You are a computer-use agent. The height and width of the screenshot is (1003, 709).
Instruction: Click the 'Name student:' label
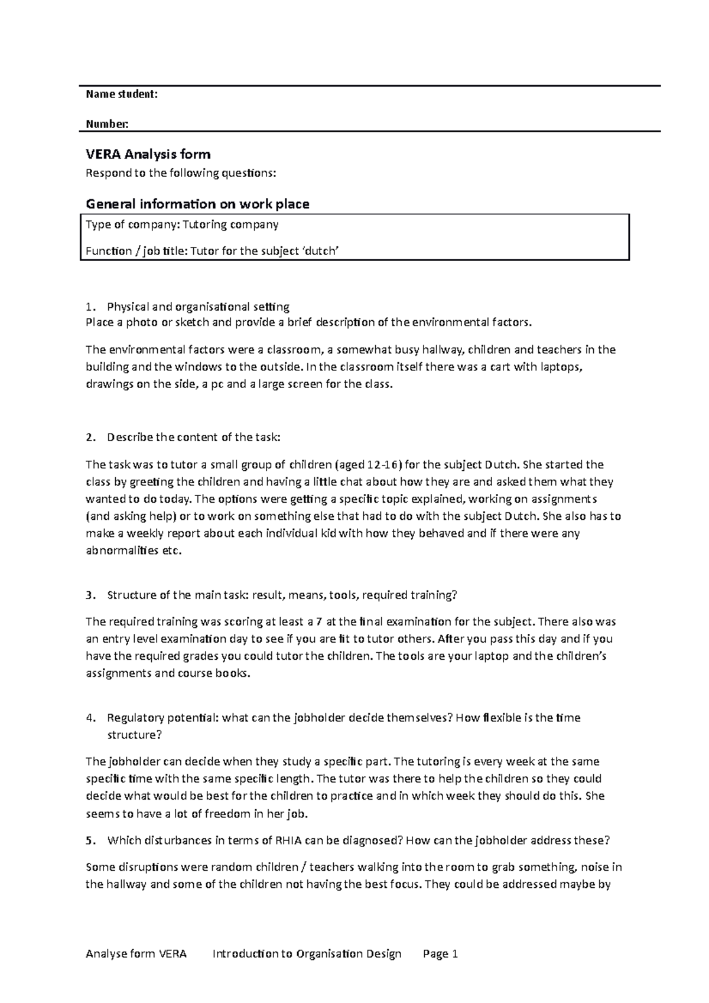pyautogui.click(x=122, y=94)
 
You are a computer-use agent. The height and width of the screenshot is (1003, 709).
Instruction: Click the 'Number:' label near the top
pyautogui.click(x=107, y=124)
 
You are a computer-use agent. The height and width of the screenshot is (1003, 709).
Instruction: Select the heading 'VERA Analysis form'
pyautogui.click(x=148, y=155)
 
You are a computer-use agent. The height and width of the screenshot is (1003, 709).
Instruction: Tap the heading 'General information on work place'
pyautogui.click(x=197, y=204)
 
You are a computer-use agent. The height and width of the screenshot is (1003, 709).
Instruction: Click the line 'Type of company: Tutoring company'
pyautogui.click(x=182, y=224)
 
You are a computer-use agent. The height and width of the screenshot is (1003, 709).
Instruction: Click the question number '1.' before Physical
pyautogui.click(x=89, y=307)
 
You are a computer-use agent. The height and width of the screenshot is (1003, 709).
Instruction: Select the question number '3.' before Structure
pyautogui.click(x=89, y=595)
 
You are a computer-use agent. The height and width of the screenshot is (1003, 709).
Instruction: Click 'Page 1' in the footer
pyautogui.click(x=441, y=954)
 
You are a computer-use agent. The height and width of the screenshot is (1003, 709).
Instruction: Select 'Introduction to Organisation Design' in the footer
pyautogui.click(x=307, y=954)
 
